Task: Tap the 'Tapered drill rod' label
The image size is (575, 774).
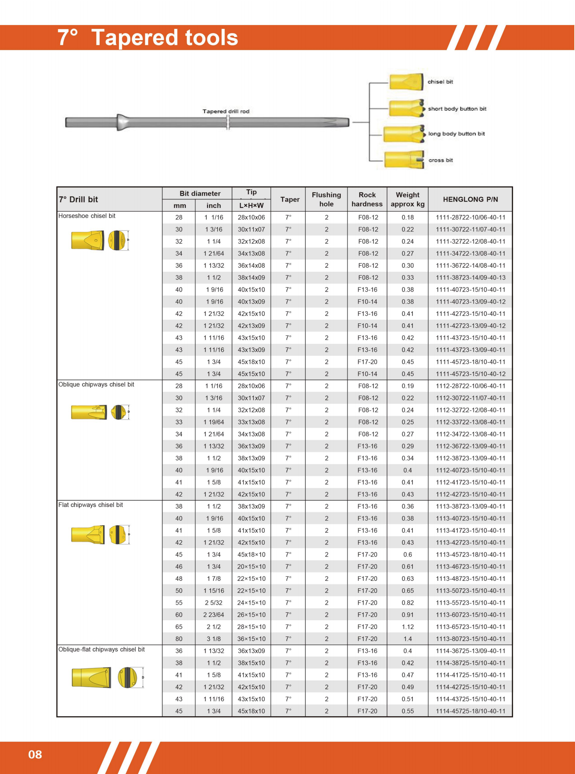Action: click(x=226, y=111)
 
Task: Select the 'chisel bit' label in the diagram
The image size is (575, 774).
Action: click(x=440, y=82)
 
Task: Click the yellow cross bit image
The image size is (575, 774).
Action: click(x=404, y=160)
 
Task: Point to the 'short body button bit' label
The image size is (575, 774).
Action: click(x=457, y=109)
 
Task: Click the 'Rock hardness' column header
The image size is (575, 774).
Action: click(x=367, y=199)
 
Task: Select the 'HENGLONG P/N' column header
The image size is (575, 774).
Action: click(x=470, y=199)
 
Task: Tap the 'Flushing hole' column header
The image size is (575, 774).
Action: click(x=326, y=199)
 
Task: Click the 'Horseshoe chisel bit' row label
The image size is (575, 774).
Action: click(x=87, y=216)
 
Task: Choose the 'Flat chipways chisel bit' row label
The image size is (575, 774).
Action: click(x=90, y=505)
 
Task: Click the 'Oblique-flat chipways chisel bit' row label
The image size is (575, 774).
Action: click(x=101, y=649)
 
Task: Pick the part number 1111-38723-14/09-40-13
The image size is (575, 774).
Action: click(x=470, y=278)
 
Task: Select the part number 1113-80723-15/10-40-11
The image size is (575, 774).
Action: click(x=470, y=639)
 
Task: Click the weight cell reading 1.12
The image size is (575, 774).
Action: click(x=408, y=627)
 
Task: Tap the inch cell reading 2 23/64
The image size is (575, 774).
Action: click(x=214, y=615)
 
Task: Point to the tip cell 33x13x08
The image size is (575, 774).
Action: click(x=251, y=422)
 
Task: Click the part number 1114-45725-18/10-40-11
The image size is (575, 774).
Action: click(x=470, y=711)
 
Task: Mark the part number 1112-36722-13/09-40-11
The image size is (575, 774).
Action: click(x=470, y=446)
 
